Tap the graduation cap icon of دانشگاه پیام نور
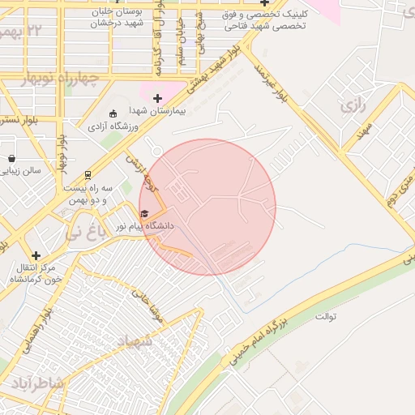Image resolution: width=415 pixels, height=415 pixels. tap(144, 213)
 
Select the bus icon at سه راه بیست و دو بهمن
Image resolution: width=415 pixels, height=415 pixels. tap(88, 174)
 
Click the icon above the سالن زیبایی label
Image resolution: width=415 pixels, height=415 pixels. tap(11, 158)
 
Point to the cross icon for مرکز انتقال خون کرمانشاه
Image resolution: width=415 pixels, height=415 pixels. tap(36, 255)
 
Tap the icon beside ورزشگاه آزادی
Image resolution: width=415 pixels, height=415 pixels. tap(113, 113)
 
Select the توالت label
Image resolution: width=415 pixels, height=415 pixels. tap(326, 315)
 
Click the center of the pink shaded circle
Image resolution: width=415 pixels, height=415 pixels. tap(207, 207)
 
